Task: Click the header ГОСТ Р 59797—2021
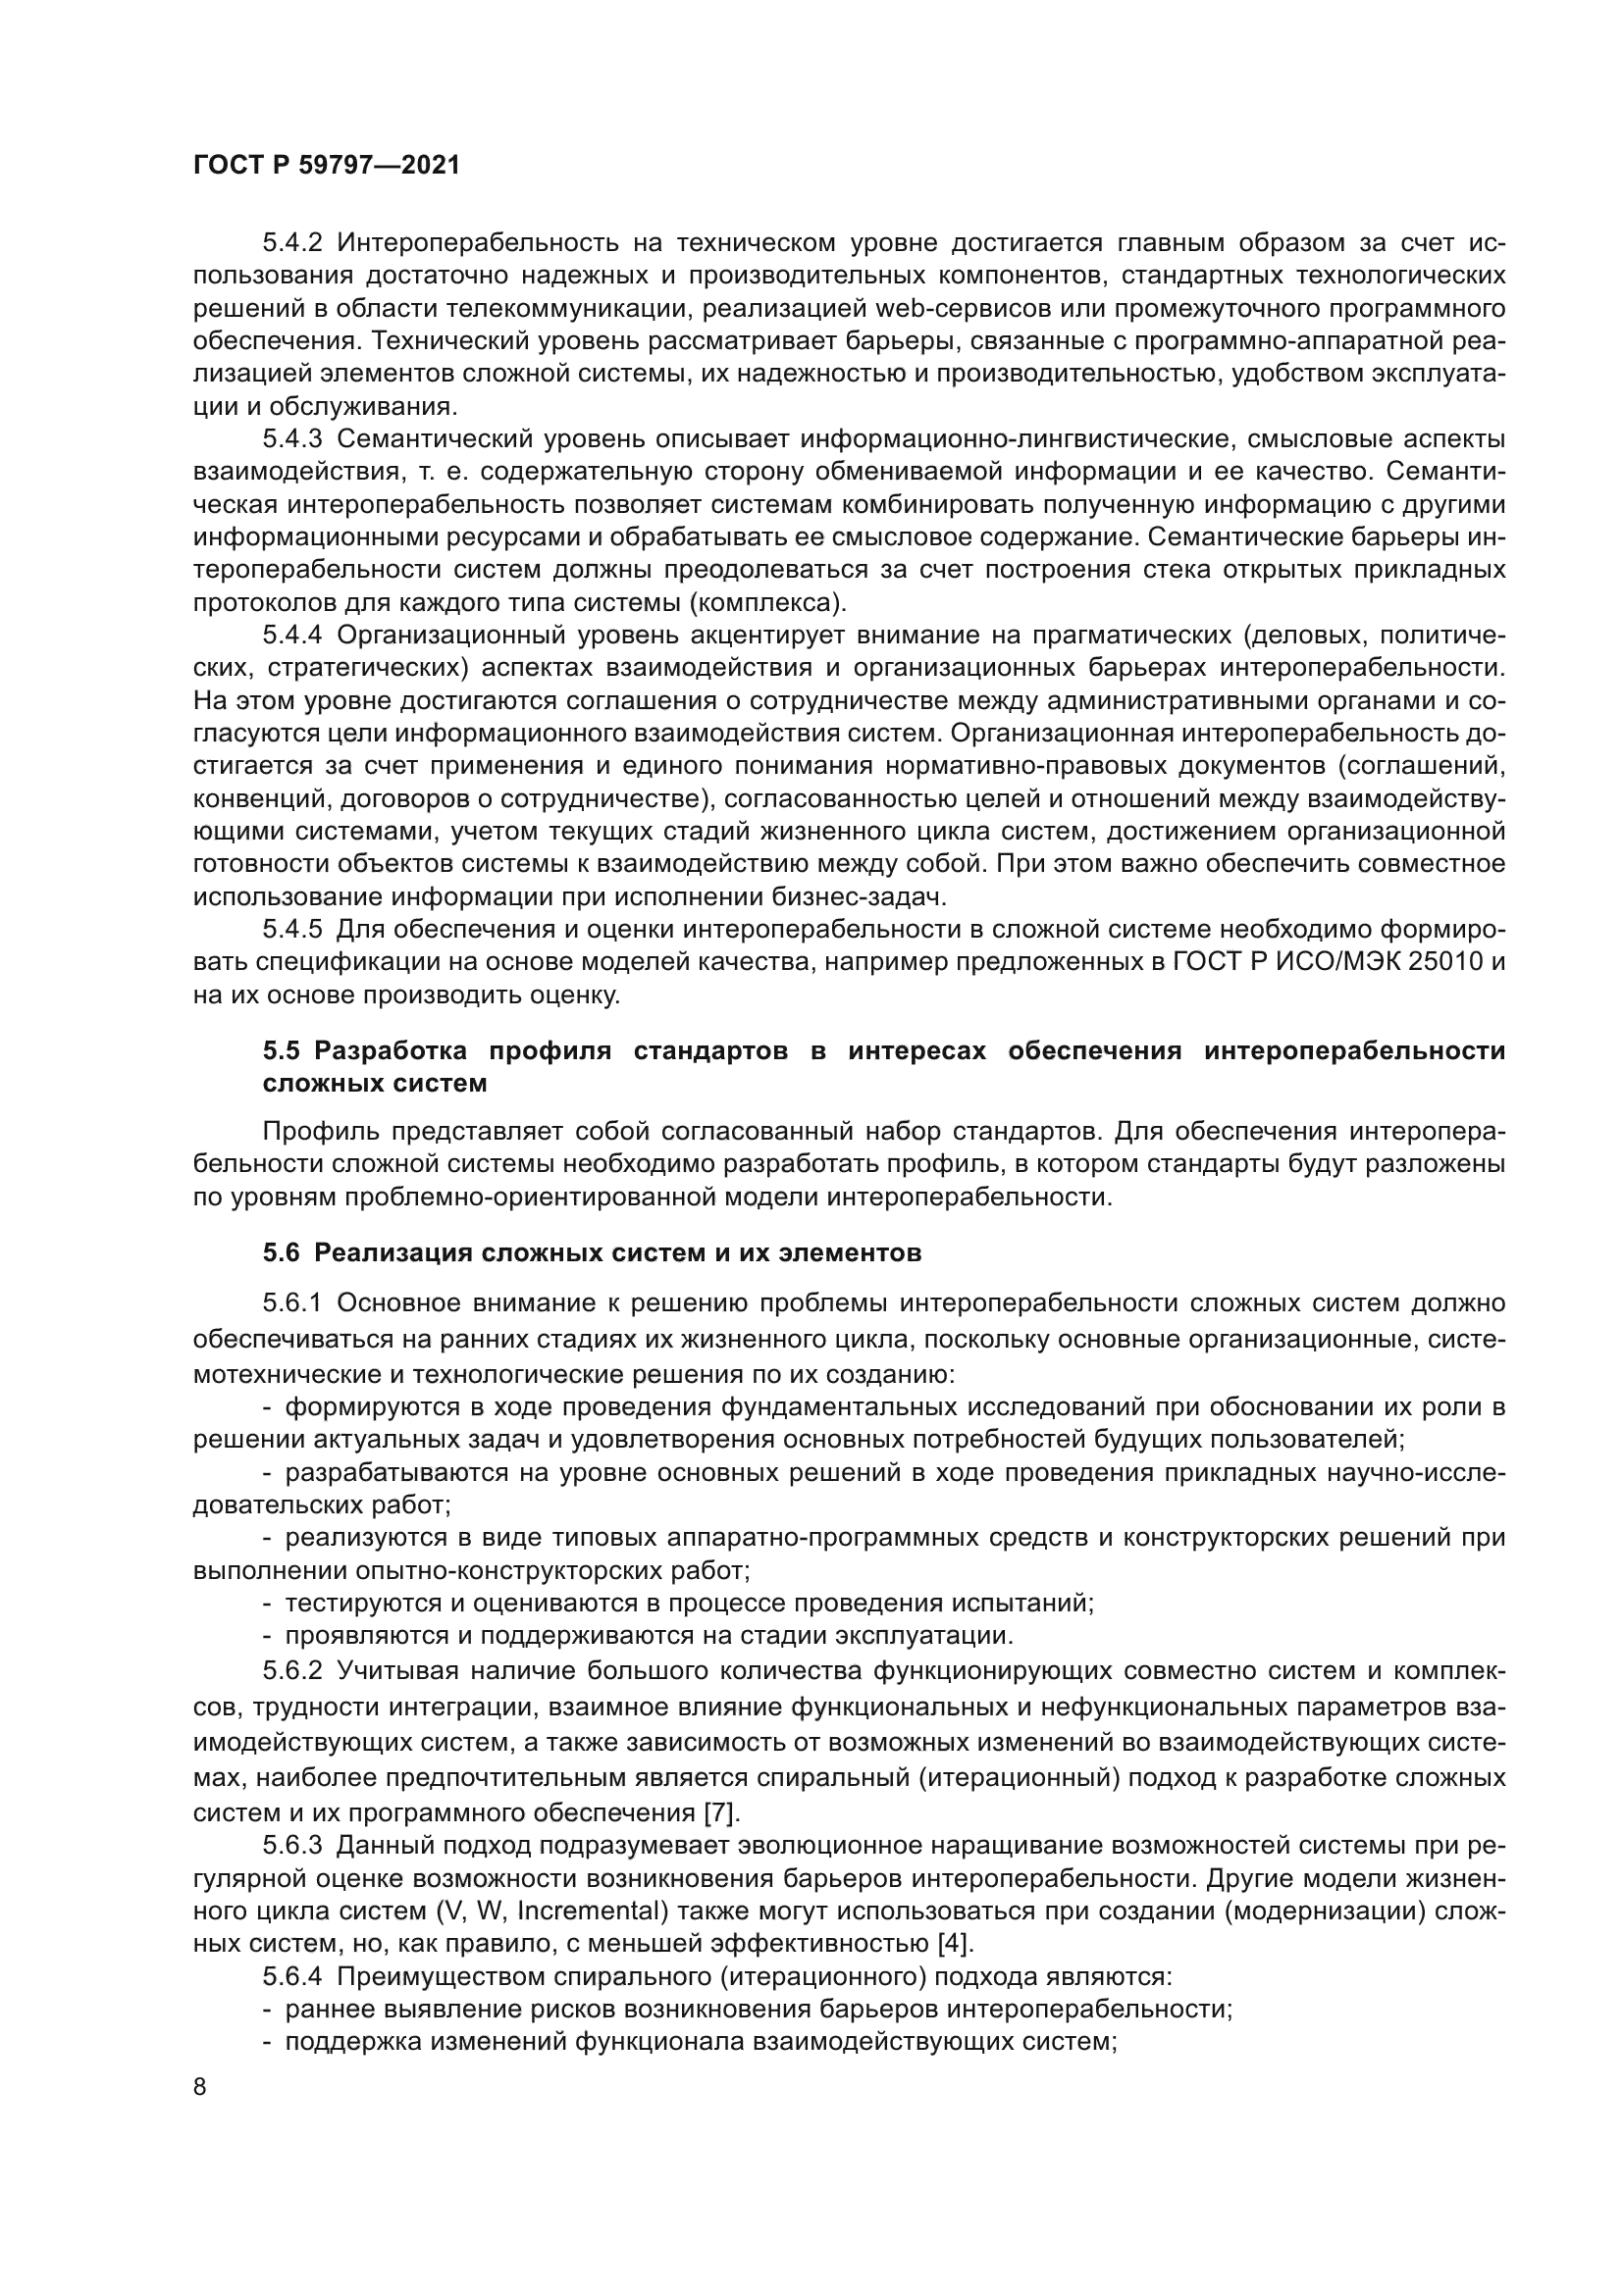327,166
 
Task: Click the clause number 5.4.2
291,243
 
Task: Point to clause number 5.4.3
291,439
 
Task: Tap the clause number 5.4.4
291,636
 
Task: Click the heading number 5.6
281,1252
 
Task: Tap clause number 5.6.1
291,1303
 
